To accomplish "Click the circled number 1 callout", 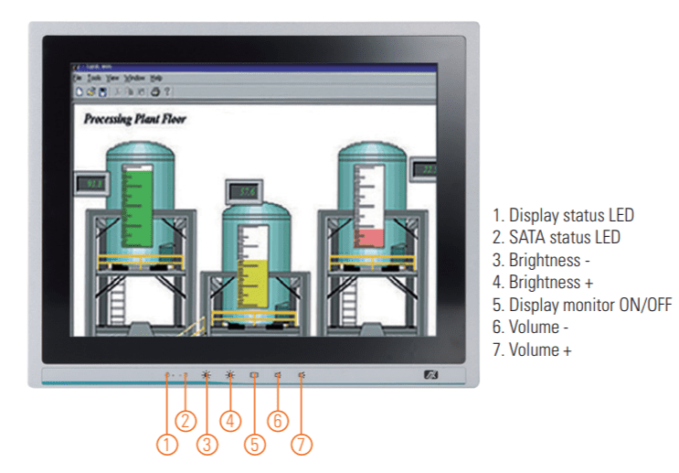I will pos(166,444).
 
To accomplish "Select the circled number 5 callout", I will pos(254,444).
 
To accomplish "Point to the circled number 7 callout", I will pos(302,444).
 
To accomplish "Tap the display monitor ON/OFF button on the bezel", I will pos(254,374).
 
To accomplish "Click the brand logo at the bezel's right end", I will pos(431,374).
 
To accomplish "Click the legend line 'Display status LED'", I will pos(563,216).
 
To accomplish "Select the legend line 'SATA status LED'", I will pos(557,238).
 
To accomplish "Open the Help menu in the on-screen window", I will pos(156,79).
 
